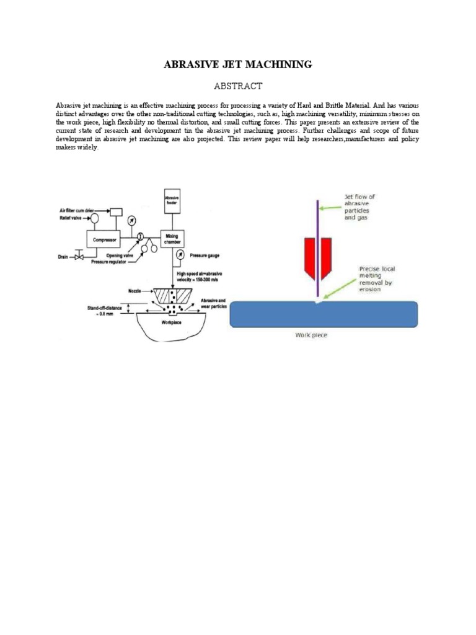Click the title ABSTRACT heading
coord(237,86)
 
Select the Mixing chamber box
coord(172,238)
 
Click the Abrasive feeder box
coord(172,202)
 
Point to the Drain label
coord(63,256)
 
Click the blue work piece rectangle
coord(324,314)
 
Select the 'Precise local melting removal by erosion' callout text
coord(377,276)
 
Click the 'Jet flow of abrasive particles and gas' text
coord(360,207)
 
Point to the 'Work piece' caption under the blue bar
coord(311,335)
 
